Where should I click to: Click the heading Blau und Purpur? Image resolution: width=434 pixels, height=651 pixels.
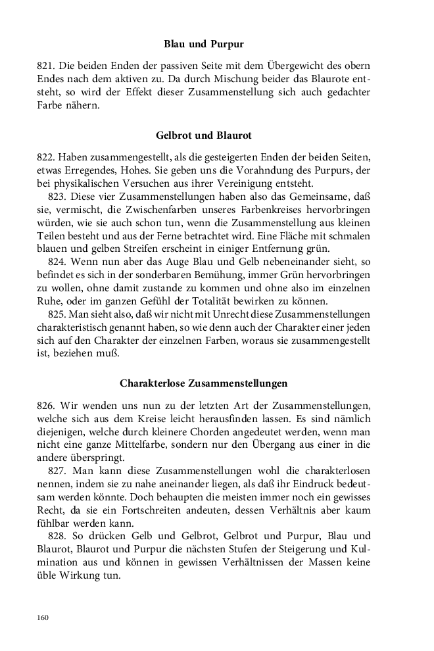coord(204,45)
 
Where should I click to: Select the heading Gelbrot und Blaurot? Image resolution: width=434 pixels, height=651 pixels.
coord(204,135)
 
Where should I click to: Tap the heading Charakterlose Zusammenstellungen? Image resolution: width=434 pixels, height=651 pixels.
coord(204,382)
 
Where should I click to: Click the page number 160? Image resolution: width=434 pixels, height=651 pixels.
coord(44,617)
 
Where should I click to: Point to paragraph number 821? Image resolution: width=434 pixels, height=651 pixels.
coord(45,66)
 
